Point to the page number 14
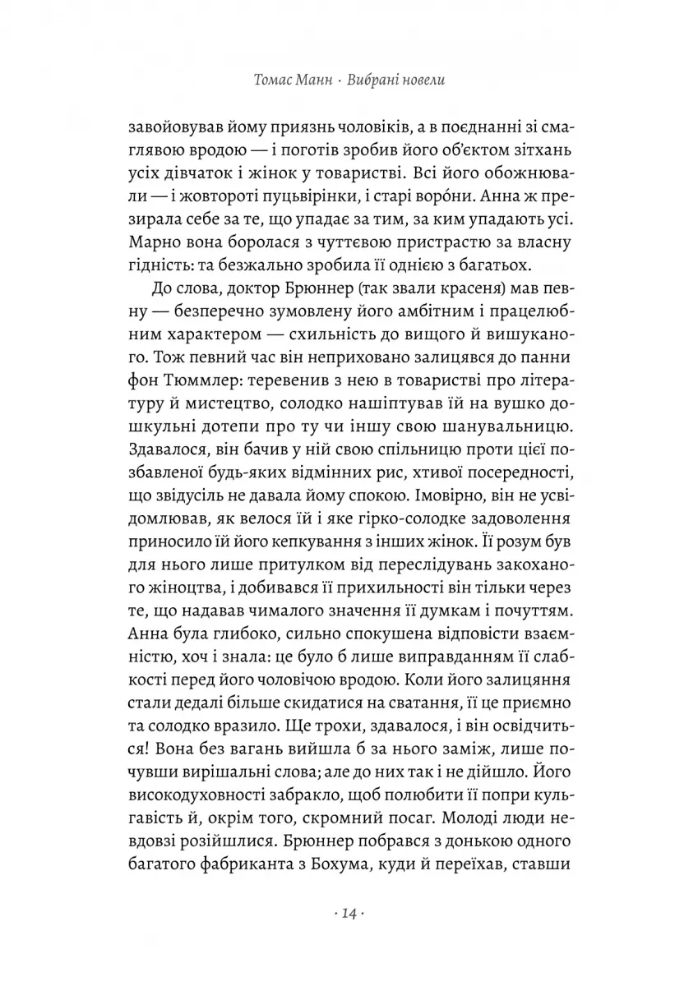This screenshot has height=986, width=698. coord(349,914)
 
